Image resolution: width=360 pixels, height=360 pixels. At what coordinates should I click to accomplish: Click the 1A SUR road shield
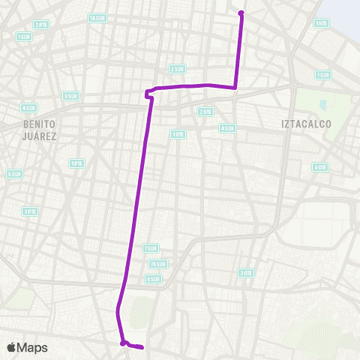click(x=97, y=18)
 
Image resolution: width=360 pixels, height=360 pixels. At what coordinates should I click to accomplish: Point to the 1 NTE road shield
click(x=321, y=23)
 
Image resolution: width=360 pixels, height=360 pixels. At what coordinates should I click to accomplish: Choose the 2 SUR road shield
click(x=177, y=69)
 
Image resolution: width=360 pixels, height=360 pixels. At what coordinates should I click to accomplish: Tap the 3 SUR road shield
click(x=70, y=95)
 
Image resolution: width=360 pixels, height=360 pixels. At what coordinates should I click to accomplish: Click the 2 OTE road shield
click(x=205, y=111)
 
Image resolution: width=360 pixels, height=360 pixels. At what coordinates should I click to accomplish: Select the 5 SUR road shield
click(x=13, y=174)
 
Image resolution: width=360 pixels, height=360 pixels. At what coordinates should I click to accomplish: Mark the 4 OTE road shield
click(x=320, y=166)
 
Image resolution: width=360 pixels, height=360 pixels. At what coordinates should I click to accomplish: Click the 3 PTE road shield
click(x=29, y=211)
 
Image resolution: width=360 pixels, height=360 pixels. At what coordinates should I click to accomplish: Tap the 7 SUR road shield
click(x=151, y=248)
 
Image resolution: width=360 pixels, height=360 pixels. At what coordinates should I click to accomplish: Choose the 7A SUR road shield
click(x=157, y=264)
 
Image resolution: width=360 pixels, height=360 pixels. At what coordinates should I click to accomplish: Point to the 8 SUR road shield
click(x=153, y=279)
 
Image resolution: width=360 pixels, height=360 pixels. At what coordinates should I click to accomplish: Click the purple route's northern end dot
click(x=241, y=13)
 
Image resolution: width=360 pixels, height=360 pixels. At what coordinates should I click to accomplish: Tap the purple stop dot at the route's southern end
click(x=122, y=343)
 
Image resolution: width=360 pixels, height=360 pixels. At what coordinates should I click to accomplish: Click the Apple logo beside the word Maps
click(x=12, y=347)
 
